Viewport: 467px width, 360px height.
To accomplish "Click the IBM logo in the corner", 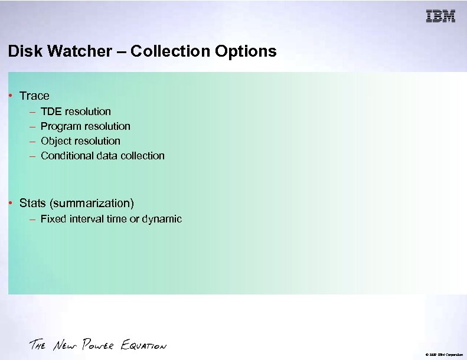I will pos(440,17).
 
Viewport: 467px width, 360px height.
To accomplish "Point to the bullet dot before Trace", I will pos(11,96).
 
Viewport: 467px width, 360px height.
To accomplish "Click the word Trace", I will pos(34,96).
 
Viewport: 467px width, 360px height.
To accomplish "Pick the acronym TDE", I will pos(51,111).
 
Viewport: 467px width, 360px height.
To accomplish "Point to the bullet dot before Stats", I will pos(11,204).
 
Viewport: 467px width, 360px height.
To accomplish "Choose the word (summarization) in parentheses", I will pos(92,204).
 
